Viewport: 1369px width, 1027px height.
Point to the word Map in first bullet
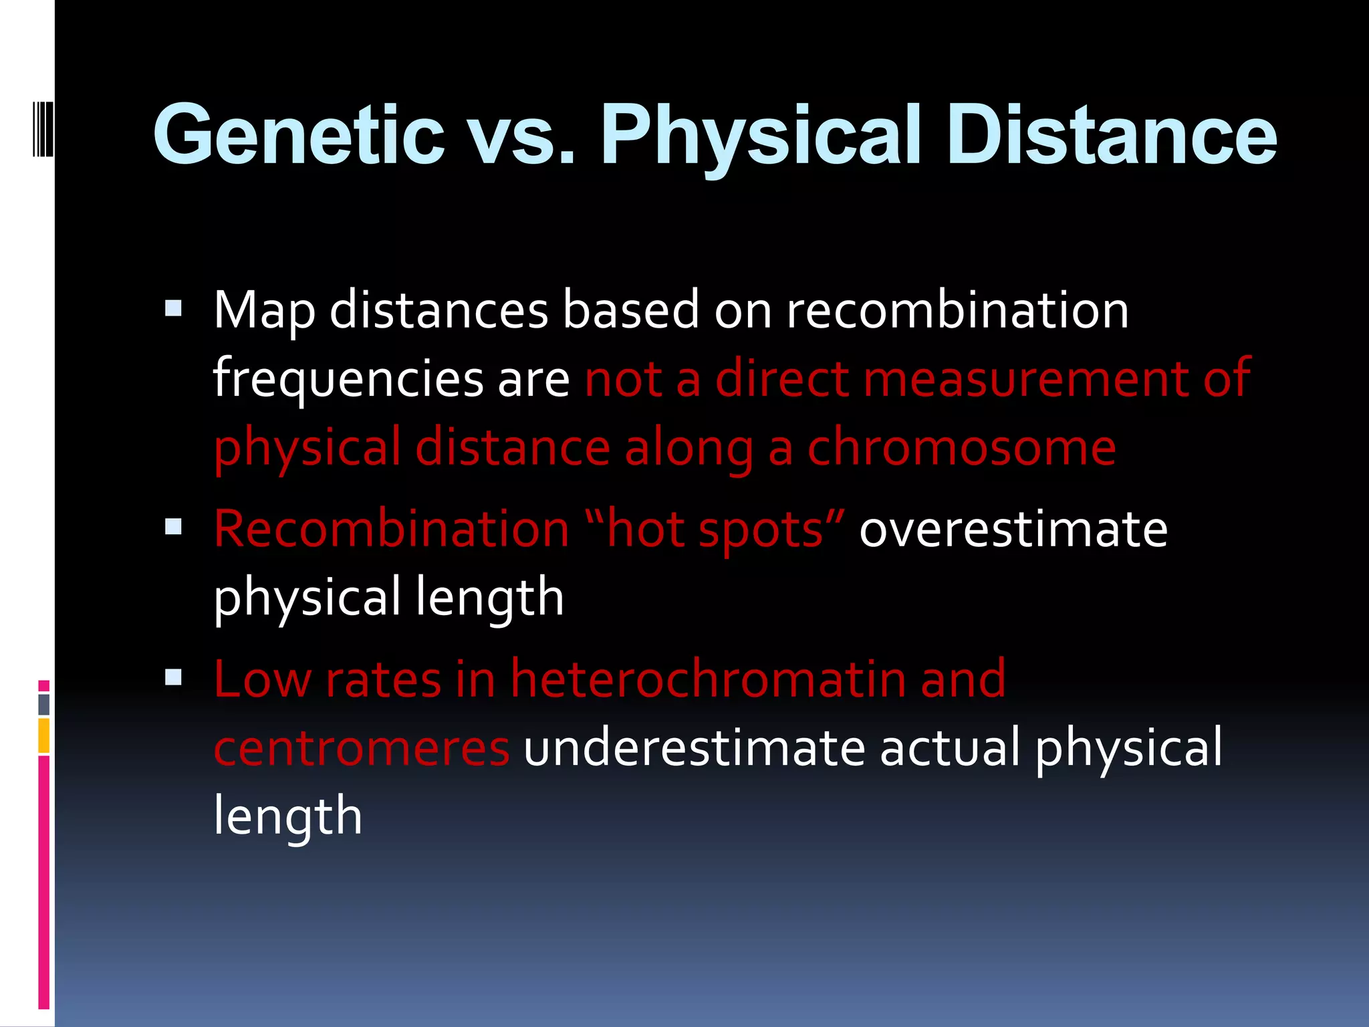264,311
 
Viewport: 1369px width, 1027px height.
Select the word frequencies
348,379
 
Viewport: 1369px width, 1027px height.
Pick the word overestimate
1013,529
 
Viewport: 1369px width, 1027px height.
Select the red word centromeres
362,748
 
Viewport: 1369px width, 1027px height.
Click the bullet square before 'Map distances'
173,308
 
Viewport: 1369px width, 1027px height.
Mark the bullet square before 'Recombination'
173,527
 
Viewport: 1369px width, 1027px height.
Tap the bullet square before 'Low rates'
173,677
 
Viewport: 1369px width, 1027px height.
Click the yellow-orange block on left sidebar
43,735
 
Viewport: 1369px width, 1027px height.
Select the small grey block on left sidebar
43,704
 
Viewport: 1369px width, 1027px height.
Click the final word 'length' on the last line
287,816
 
